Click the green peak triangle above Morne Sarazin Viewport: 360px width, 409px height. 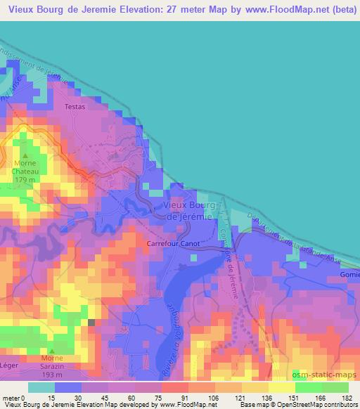coord(51,351)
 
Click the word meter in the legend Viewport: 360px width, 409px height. coord(12,397)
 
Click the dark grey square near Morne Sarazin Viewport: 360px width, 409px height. coord(91,323)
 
